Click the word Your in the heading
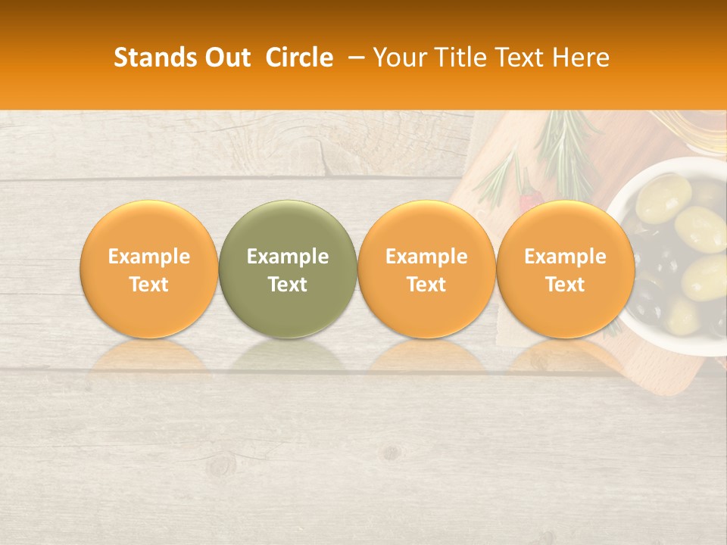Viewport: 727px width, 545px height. (x=398, y=58)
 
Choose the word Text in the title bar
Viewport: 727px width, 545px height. (x=520, y=58)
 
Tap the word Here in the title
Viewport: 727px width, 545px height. (x=581, y=58)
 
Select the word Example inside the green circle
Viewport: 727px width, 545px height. (x=288, y=257)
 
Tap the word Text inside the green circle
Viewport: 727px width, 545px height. (x=288, y=285)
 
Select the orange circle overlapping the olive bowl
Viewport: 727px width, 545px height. (x=566, y=269)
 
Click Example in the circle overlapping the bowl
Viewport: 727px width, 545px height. (x=566, y=257)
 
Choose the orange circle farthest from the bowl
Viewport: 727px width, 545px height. (x=148, y=269)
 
